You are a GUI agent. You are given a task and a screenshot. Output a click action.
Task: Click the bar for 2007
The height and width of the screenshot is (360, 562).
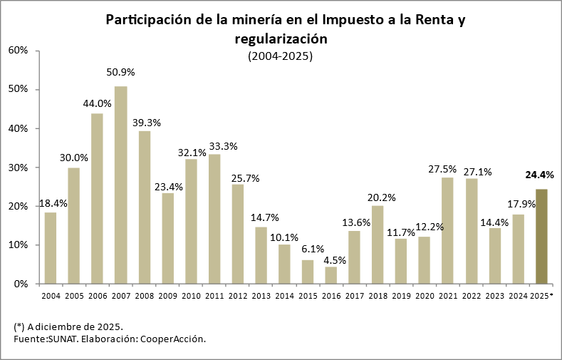pos(121,185)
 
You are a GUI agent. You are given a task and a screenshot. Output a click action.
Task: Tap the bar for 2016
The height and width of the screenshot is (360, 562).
pos(331,275)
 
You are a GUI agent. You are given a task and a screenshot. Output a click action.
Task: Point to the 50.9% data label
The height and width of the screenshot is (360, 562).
pos(121,73)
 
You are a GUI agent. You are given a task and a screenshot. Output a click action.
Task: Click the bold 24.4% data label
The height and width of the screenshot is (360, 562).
pos(539,175)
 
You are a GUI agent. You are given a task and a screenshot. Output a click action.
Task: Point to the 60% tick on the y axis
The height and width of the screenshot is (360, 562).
pos(18,51)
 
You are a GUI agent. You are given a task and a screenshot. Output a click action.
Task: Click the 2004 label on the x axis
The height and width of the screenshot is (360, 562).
pos(51,295)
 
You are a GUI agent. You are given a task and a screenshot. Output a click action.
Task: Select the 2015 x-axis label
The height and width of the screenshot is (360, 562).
pos(308,295)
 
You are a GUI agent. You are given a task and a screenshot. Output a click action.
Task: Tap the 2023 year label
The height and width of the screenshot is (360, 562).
pos(494,295)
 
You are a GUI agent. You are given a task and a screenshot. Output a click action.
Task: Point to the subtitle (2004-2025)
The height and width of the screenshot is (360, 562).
pos(281,56)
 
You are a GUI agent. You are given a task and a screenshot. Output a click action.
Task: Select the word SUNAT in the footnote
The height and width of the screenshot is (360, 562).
pos(63,339)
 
